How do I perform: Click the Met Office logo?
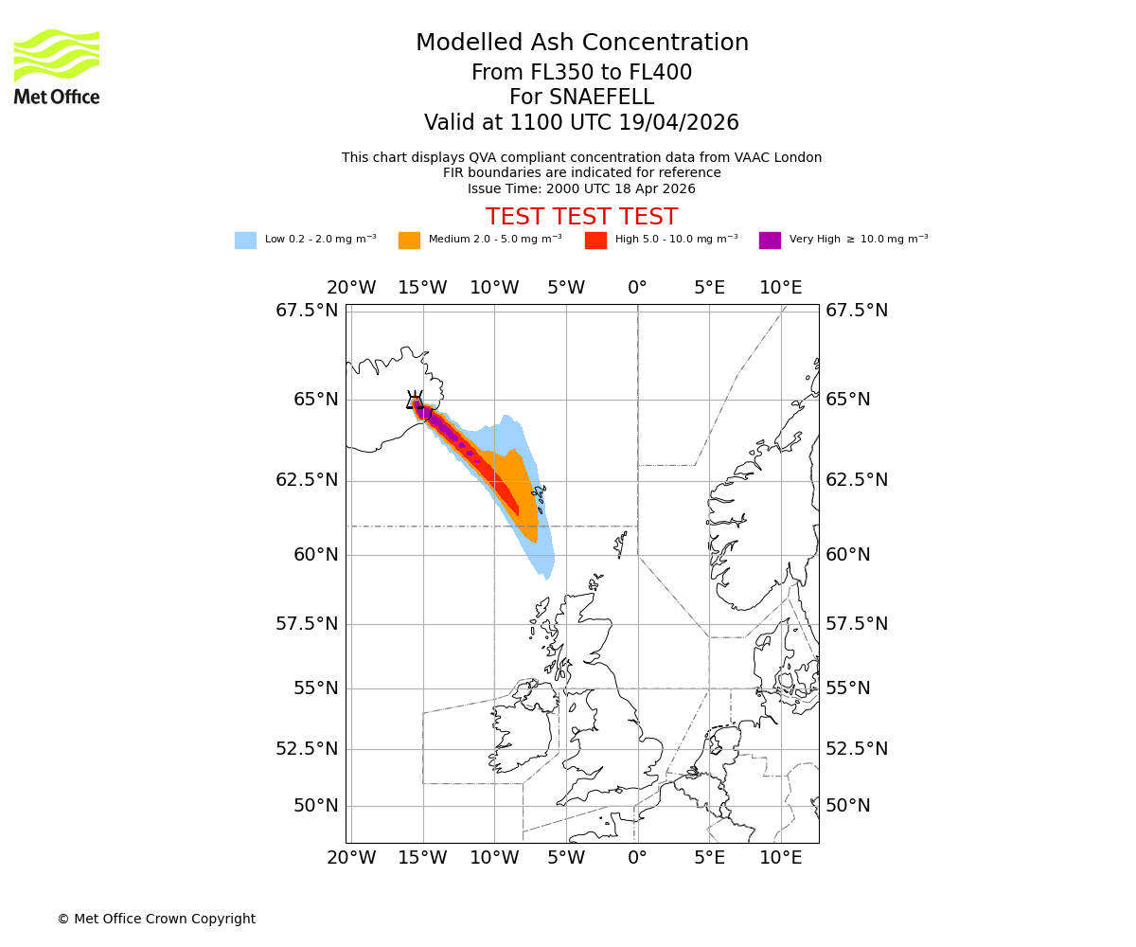click(x=57, y=66)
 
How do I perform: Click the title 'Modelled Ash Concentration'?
click(x=581, y=44)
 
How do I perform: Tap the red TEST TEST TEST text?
click(x=581, y=217)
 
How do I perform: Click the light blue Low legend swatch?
click(x=245, y=241)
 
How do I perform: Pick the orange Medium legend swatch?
click(x=409, y=241)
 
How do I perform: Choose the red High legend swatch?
click(x=595, y=241)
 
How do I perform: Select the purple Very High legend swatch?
click(x=770, y=241)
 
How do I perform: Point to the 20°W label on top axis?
click(x=351, y=288)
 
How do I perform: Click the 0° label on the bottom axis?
click(x=637, y=859)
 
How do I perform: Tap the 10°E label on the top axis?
click(x=780, y=288)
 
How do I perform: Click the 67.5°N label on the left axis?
click(x=307, y=311)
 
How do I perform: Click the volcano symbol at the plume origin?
click(x=415, y=401)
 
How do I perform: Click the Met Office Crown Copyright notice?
click(x=156, y=920)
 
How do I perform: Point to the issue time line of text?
click(x=581, y=188)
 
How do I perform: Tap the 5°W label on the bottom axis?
click(x=566, y=859)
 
